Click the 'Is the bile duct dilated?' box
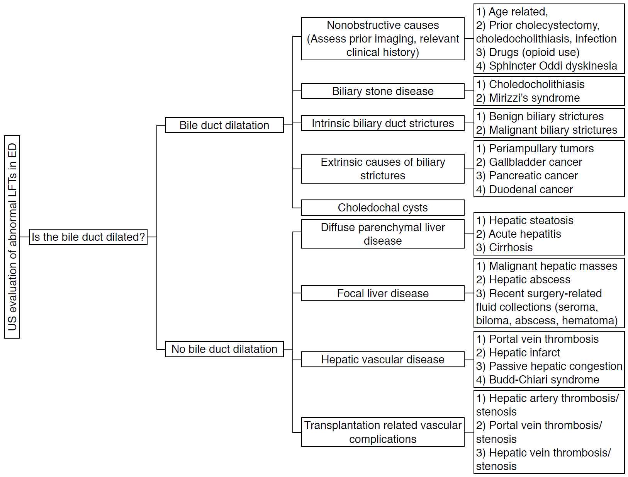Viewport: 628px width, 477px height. (88, 237)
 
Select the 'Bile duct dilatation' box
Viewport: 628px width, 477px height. (224, 125)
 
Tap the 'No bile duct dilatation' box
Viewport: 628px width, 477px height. (224, 349)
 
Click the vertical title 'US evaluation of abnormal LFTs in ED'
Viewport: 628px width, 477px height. (12, 237)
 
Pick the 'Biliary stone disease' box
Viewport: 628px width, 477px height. (383, 91)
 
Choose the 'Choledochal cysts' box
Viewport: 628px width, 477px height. (383, 207)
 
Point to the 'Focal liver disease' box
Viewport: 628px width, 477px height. (383, 293)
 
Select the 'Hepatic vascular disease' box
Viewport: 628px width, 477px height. (383, 359)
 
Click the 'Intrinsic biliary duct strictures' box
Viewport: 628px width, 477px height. (383, 123)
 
